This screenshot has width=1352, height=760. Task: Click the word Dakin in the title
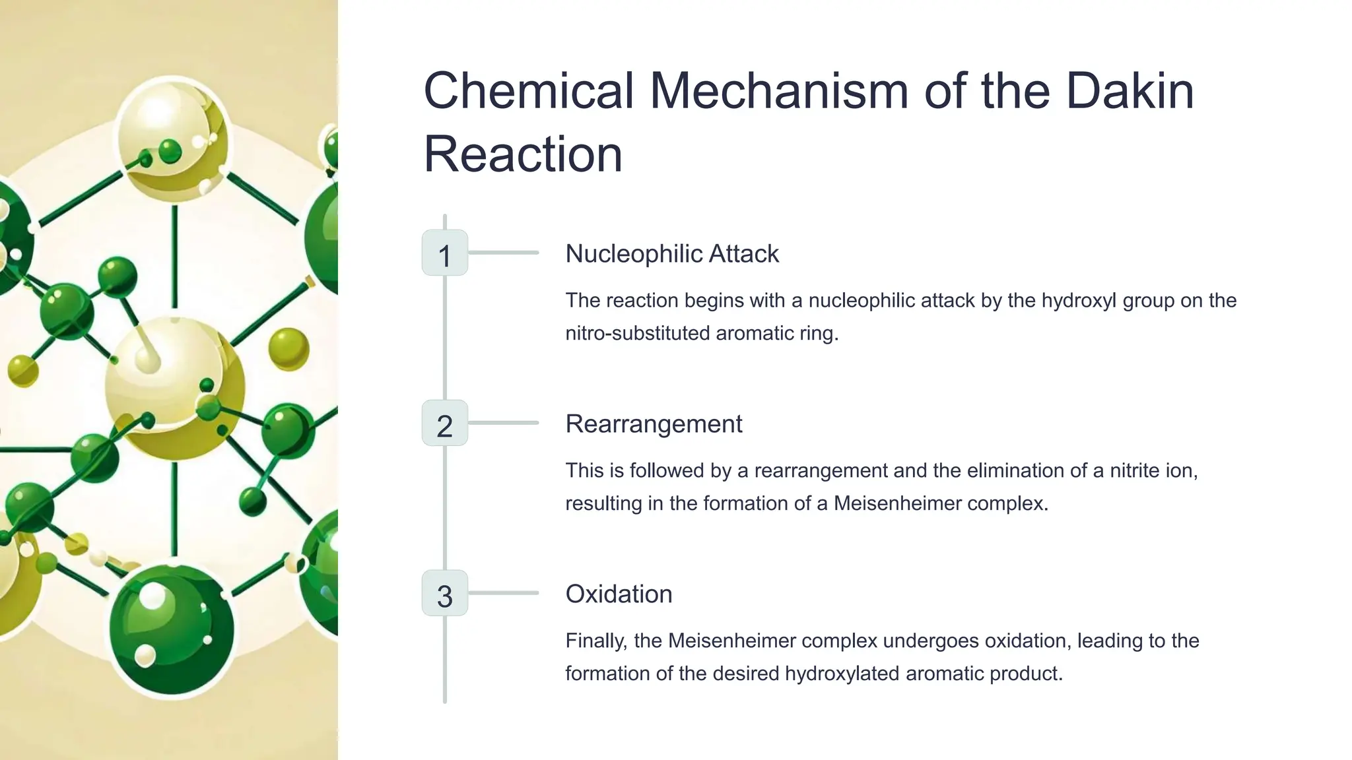[1130, 91]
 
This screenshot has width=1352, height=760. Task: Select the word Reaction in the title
[523, 154]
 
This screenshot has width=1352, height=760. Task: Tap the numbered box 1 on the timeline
[445, 253]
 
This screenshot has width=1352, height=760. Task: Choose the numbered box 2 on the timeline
[445, 424]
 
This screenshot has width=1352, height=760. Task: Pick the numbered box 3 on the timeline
[445, 594]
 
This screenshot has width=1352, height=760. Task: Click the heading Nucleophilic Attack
[672, 254]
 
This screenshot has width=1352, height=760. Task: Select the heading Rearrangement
[654, 424]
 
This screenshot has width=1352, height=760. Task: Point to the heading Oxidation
[619, 594]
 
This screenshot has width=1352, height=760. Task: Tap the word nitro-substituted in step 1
[638, 333]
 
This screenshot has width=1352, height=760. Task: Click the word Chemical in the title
[529, 91]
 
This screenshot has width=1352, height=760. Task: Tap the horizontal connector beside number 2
[504, 423]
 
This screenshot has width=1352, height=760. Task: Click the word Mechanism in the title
[780, 91]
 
